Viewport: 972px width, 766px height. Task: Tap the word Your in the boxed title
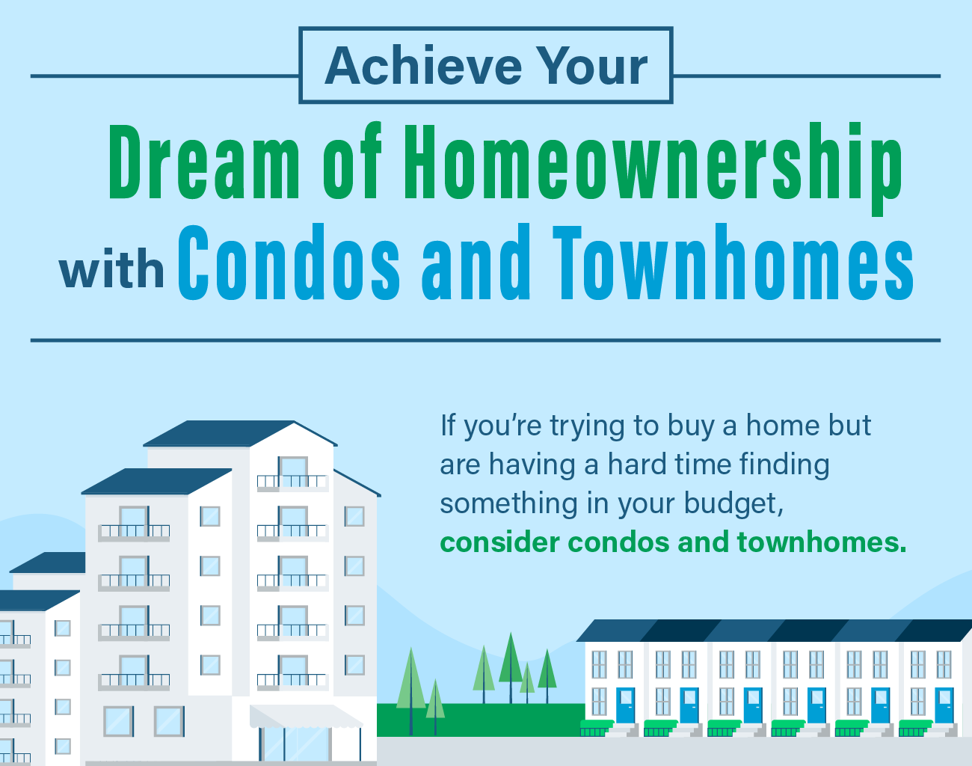(x=594, y=66)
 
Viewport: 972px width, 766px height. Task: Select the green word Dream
(x=204, y=163)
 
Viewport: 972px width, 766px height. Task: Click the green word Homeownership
(x=652, y=165)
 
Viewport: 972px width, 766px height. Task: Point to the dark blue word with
(x=111, y=270)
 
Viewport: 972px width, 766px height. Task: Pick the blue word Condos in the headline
(x=289, y=263)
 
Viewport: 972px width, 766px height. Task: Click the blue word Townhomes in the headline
(x=733, y=263)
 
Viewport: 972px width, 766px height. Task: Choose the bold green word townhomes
(x=821, y=542)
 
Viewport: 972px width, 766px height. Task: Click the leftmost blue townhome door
(x=625, y=705)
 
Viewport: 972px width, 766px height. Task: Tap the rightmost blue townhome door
(x=944, y=705)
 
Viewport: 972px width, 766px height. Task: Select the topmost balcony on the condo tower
(x=292, y=479)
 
